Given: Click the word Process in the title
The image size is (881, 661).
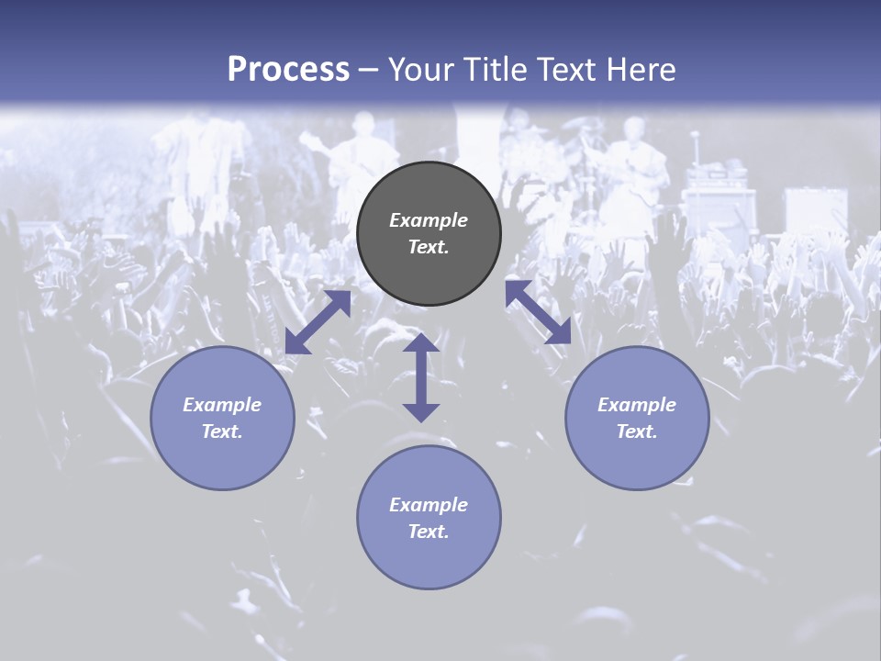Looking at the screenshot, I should [288, 70].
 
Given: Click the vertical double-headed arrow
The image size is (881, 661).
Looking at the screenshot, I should [420, 377].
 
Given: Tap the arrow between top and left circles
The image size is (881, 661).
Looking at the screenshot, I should [318, 322].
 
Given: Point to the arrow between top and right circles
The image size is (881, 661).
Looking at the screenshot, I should [538, 312].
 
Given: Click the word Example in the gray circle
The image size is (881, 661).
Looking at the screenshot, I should [429, 220].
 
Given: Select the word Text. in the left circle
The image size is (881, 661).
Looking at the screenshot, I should [222, 431].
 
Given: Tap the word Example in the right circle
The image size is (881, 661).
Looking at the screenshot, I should [637, 405].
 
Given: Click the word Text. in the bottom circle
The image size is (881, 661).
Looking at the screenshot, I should [429, 532].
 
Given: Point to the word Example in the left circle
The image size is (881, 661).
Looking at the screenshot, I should [222, 405].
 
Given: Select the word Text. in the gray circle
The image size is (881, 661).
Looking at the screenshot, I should [429, 247].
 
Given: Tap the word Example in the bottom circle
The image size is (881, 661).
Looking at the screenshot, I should [429, 505].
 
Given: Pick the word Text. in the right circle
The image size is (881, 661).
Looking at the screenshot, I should [637, 431].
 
